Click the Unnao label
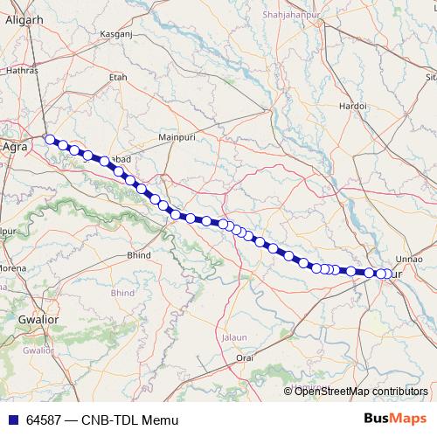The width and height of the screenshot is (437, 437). click(409, 260)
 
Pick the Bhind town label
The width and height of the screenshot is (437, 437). click(140, 255)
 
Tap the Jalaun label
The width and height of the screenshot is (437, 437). click(234, 336)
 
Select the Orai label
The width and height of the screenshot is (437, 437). click(245, 357)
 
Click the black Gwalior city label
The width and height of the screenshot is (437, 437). click(38, 321)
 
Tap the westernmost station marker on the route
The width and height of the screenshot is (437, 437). click(51, 139)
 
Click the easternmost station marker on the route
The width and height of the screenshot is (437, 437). click(388, 274)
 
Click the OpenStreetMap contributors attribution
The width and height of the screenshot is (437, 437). click(361, 392)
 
